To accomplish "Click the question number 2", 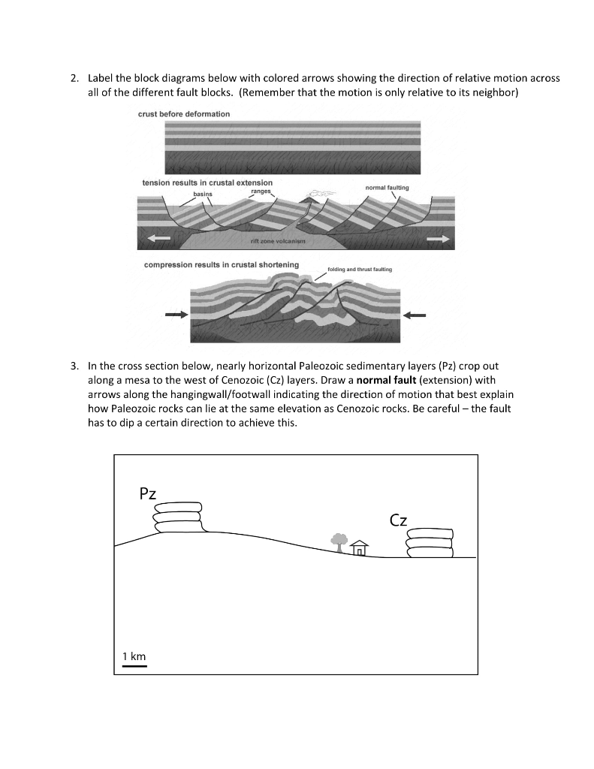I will click(74, 79).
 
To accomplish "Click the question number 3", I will click(74, 367).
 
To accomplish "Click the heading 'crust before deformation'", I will click(184, 113).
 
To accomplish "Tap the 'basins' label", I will click(203, 194).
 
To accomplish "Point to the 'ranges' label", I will click(260, 191).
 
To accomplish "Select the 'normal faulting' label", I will click(387, 186).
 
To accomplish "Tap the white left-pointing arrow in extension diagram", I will click(158, 238).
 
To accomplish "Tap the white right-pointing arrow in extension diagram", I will click(439, 238).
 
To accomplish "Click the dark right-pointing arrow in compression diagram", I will click(176, 314).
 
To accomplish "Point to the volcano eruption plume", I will click(318, 194).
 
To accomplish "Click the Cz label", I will click(399, 519).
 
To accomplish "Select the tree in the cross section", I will click(338, 541).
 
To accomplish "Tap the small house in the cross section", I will click(360, 548).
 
